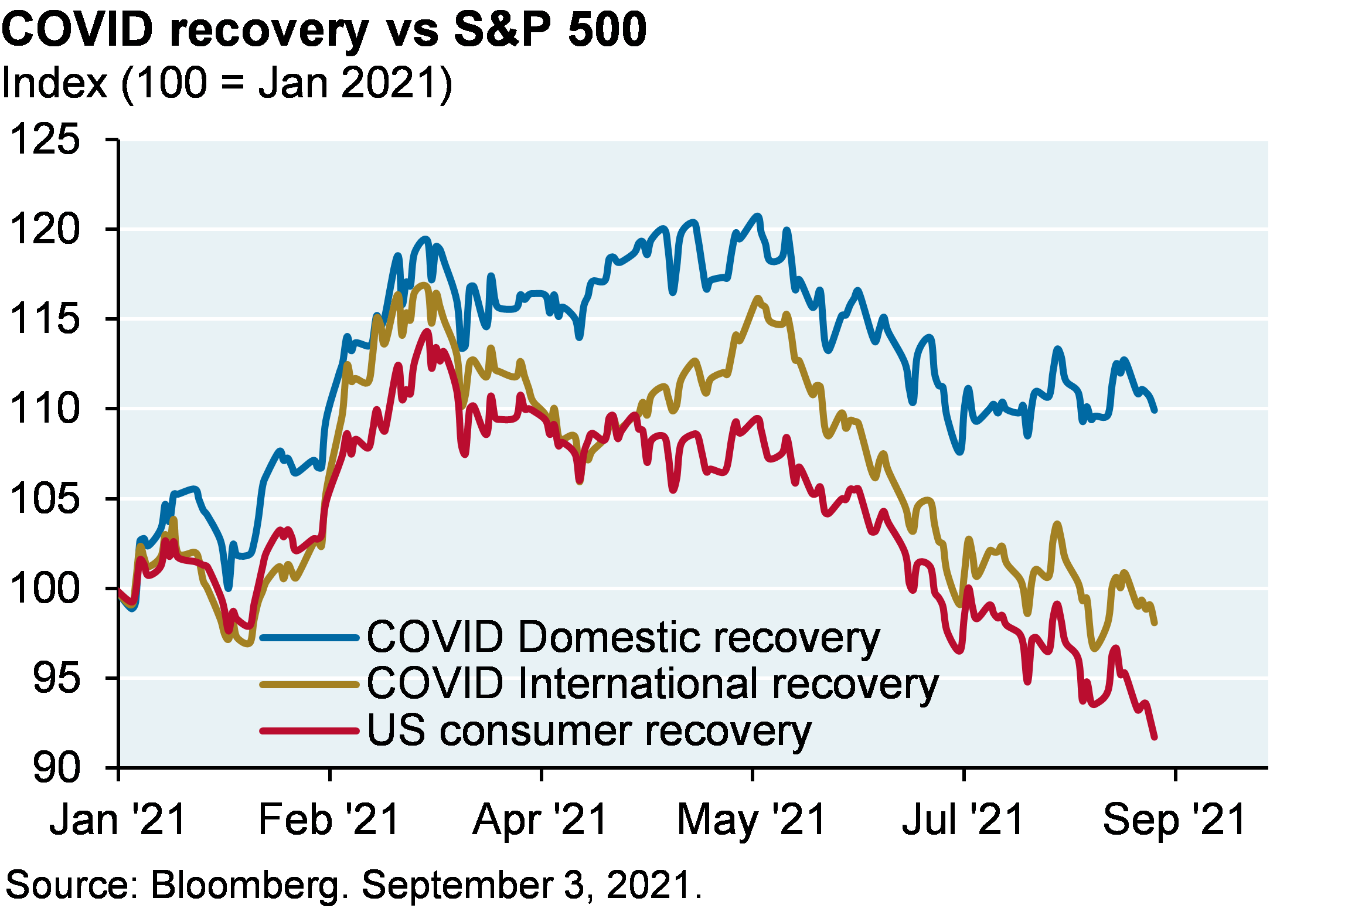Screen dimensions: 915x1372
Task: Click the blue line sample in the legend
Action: (309, 637)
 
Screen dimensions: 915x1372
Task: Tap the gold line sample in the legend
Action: (309, 684)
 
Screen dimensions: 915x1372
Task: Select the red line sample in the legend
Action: (309, 731)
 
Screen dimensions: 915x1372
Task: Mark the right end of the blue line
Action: (1155, 410)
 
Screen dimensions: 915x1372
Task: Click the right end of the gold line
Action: (1155, 623)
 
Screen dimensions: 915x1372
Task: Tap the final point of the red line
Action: (1155, 737)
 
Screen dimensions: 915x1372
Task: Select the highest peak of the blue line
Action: (758, 216)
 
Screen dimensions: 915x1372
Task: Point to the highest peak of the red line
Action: (427, 332)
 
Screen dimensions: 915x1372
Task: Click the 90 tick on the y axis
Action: (55, 766)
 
